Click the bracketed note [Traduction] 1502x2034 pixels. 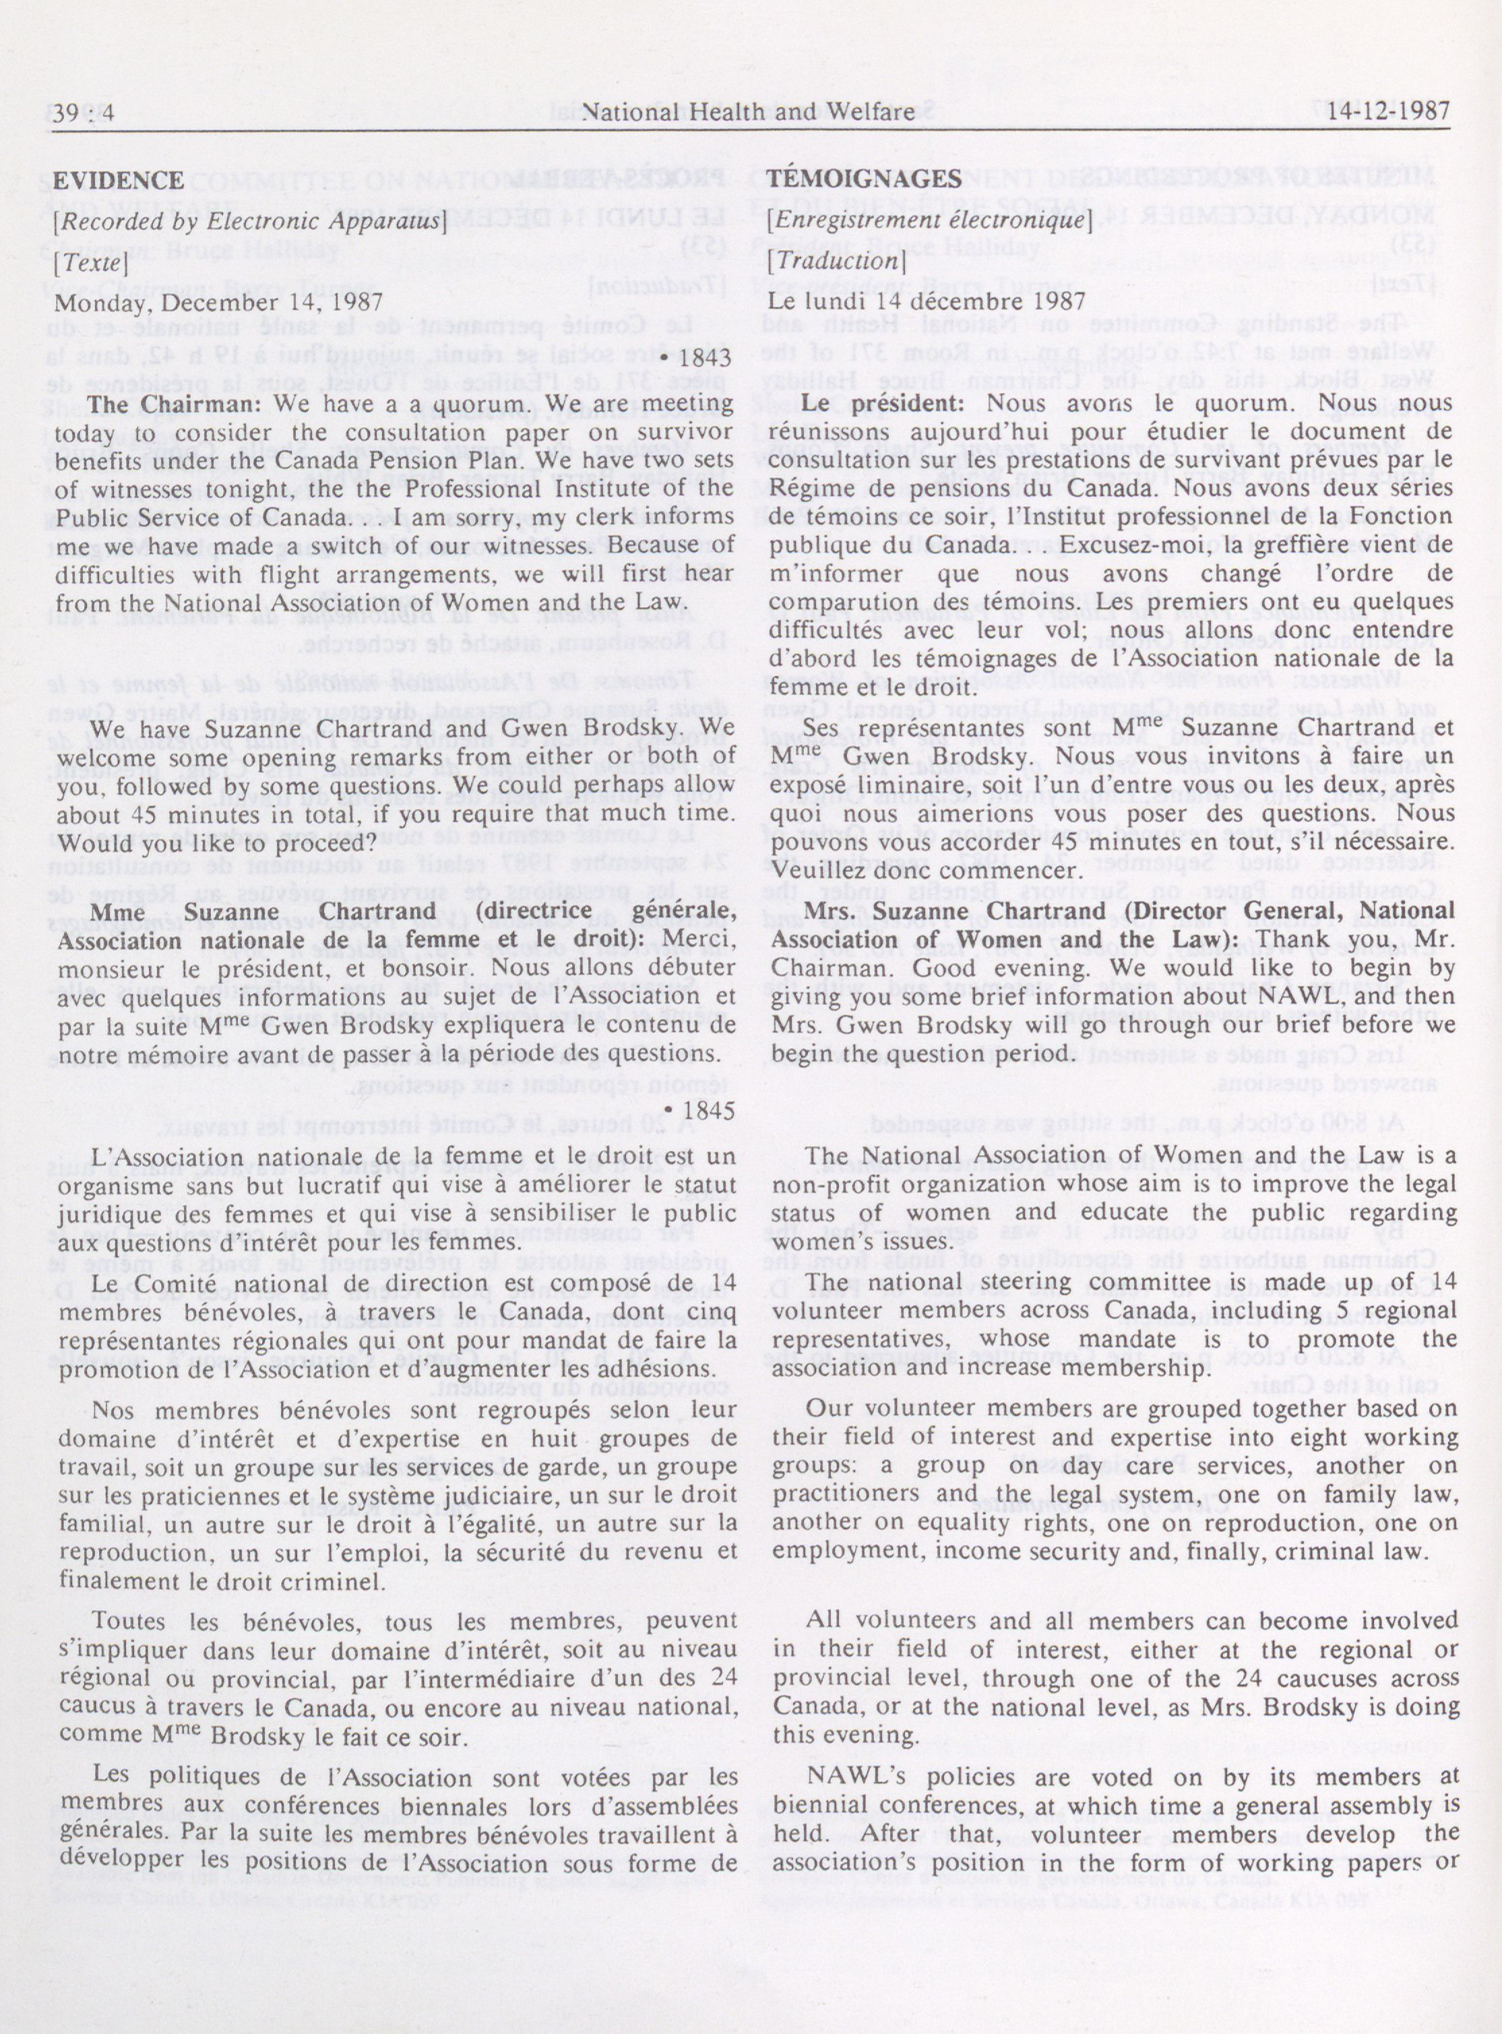pyautogui.click(x=838, y=260)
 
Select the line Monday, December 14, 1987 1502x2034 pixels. pyautogui.click(x=219, y=303)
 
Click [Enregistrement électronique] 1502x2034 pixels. pyautogui.click(x=927, y=220)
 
